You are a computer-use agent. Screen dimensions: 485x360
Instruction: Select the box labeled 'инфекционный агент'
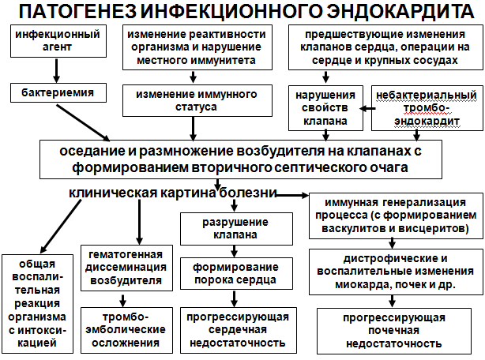tap(58, 41)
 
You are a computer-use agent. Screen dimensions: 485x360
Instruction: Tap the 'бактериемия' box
tap(58, 92)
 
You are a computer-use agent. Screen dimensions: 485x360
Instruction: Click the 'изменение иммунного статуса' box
tap(197, 101)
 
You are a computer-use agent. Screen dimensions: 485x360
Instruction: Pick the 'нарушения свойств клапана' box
tap(325, 108)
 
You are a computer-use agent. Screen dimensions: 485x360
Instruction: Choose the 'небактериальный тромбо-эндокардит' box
tap(427, 108)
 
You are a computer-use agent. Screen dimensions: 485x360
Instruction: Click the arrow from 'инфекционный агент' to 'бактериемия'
tap(56, 70)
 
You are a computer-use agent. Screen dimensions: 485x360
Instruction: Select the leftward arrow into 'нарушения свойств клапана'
tap(367, 108)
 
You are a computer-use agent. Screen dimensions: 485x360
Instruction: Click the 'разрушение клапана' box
tap(236, 229)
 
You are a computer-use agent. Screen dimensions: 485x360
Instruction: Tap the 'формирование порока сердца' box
tap(236, 273)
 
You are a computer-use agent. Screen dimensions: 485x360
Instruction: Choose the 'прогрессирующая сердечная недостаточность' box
tap(239, 330)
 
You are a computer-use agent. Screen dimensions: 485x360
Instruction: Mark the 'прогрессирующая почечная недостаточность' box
tap(394, 331)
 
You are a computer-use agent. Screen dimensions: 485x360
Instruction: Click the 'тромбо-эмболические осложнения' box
tap(126, 330)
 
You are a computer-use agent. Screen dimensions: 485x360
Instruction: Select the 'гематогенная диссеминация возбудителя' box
tap(126, 268)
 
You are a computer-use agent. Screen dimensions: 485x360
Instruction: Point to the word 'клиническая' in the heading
tap(113, 193)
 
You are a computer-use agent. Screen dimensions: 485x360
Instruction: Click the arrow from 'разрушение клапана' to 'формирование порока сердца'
tap(234, 252)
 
